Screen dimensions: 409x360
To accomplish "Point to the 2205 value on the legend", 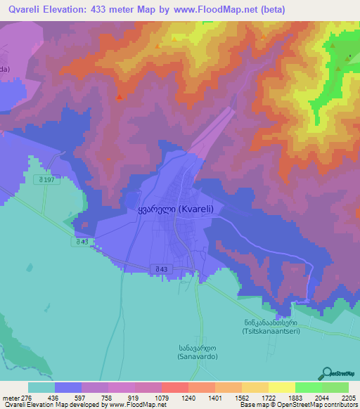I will pos(349,398).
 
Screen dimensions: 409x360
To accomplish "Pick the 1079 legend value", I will pos(162,398).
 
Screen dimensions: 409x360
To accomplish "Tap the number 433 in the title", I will pos(96,10).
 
